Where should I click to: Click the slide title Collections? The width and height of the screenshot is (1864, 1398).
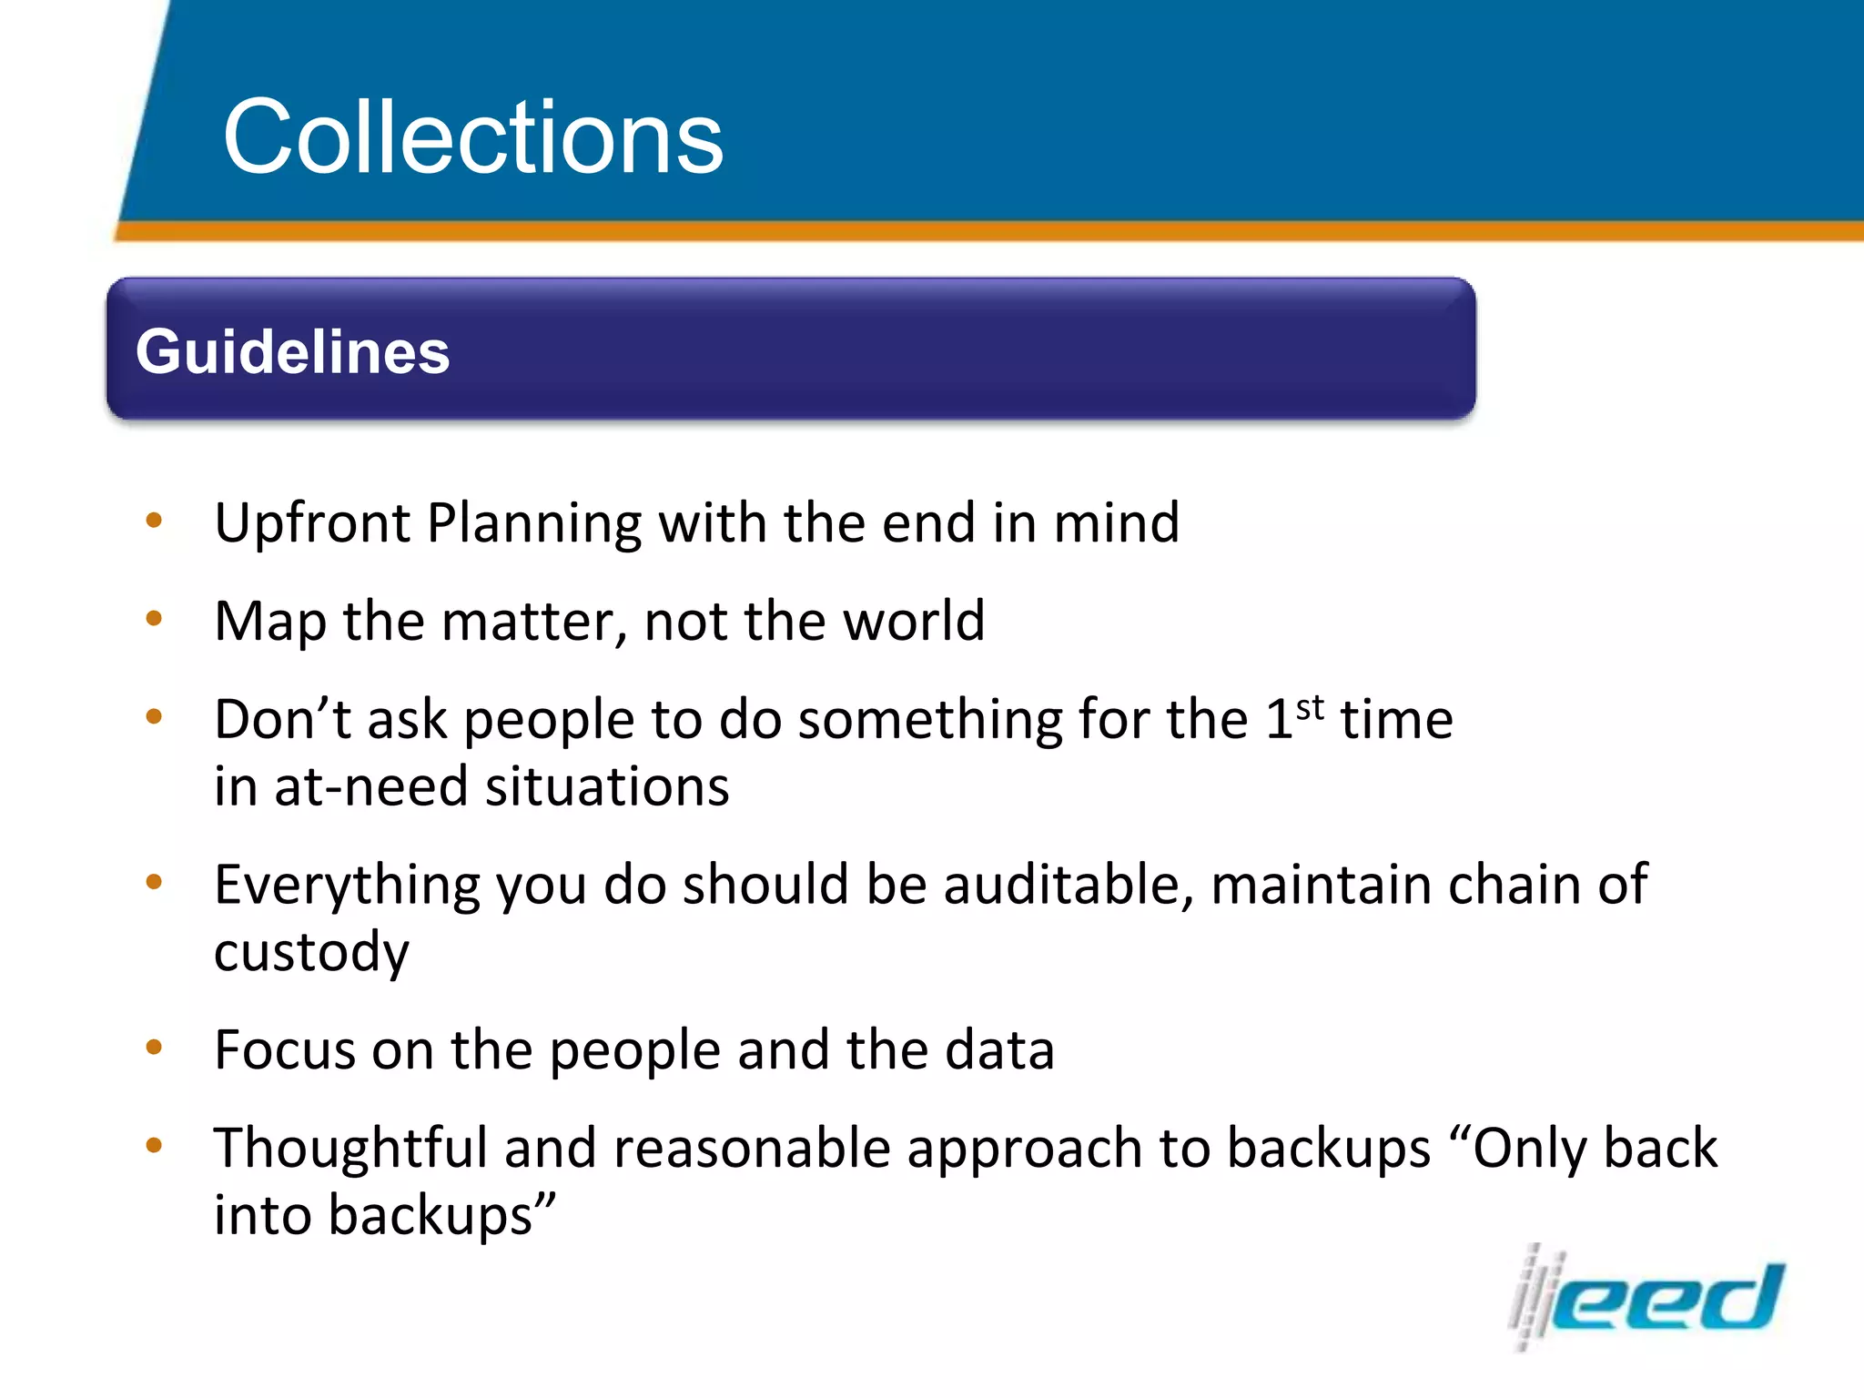(472, 137)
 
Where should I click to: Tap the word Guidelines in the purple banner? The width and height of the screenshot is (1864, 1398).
(292, 352)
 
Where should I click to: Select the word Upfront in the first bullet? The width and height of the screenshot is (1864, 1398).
(312, 523)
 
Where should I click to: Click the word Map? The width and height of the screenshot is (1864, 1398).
(269, 622)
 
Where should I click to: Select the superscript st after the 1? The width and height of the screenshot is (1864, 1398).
(1310, 706)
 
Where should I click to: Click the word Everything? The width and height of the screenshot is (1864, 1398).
(347, 885)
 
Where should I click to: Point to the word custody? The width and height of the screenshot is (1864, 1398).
(311, 952)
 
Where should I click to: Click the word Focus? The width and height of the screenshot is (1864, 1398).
(285, 1050)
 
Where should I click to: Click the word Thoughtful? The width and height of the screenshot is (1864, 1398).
(350, 1148)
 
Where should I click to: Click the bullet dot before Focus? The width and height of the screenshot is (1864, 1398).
(154, 1048)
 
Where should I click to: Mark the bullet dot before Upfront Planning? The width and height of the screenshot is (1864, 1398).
(154, 521)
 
